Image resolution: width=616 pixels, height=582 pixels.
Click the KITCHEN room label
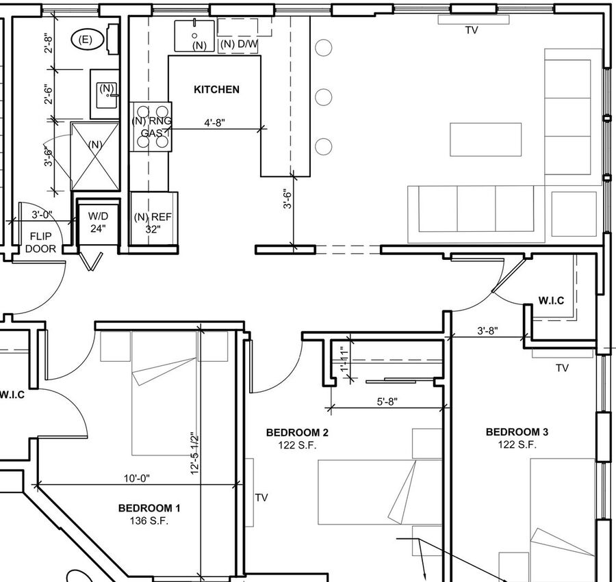coord(216,90)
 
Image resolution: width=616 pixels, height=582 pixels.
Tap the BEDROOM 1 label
coord(149,508)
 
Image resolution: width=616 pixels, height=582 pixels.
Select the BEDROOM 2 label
coord(298,432)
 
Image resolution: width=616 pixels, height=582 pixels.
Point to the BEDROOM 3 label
coord(517,432)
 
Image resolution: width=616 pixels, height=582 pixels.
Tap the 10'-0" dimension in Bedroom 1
coord(136,479)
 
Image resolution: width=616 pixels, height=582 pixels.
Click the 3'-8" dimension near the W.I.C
coord(487,330)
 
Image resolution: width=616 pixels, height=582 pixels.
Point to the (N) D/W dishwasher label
coord(239,45)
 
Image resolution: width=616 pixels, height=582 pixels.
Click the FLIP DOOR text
coord(42,242)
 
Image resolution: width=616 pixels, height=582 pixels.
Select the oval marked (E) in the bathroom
coord(86,40)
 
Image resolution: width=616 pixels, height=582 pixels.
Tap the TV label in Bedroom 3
coord(562,368)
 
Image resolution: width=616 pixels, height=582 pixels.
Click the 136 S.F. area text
coord(149,521)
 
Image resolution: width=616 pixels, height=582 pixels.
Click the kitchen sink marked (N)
coord(195,36)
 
